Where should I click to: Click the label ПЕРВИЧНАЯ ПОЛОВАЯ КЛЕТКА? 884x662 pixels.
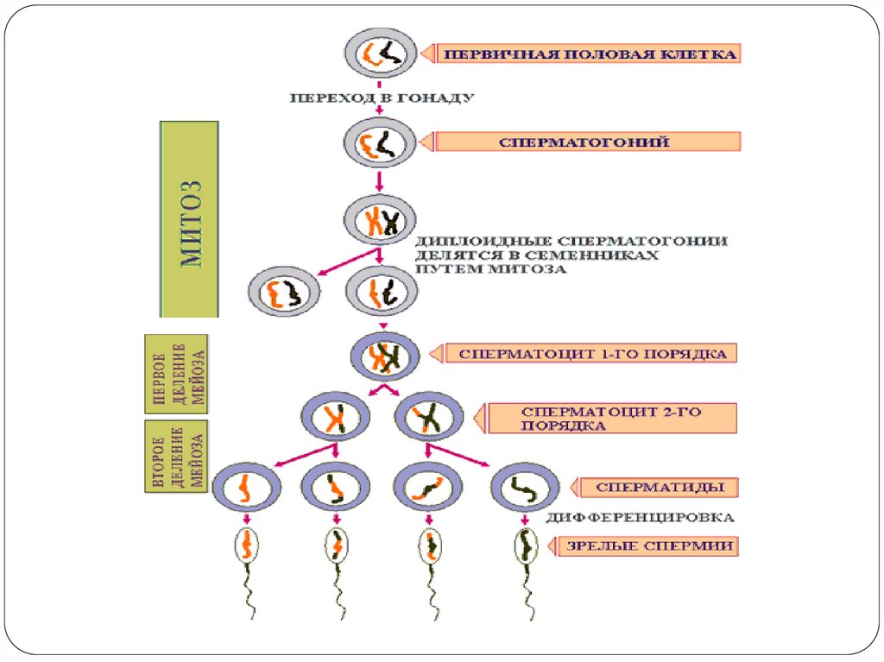(590, 54)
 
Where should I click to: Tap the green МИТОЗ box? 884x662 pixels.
(190, 218)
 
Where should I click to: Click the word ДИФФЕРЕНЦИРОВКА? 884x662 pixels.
(641, 518)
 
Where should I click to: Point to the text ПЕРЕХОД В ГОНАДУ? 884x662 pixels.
(381, 98)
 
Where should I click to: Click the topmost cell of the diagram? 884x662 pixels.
(379, 54)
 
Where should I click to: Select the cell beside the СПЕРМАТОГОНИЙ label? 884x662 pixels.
(379, 142)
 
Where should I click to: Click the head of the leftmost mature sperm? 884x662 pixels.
(247, 545)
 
